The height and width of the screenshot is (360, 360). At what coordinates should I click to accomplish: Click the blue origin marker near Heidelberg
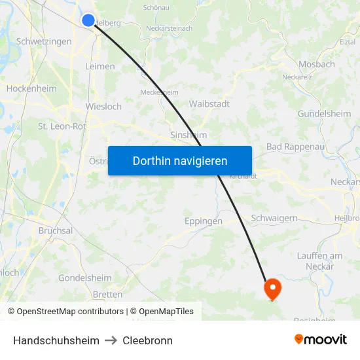88,20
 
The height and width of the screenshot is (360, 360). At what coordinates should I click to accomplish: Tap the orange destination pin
272,289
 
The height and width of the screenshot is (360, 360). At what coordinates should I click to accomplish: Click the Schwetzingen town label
44,41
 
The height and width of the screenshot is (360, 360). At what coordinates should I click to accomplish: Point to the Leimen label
100,66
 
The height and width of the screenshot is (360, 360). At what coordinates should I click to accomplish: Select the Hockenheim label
31,88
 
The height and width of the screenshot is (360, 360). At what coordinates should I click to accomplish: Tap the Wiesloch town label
103,106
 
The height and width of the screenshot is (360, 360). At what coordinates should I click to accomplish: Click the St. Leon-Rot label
62,126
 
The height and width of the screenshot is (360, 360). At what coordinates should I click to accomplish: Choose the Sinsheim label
189,135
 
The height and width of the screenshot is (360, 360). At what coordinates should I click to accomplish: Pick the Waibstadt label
209,103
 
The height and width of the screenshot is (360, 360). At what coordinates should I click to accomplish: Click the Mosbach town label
316,64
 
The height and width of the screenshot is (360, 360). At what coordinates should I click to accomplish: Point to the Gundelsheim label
324,113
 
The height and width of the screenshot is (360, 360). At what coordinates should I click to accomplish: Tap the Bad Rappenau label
295,147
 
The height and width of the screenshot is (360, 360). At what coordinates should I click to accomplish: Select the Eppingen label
204,221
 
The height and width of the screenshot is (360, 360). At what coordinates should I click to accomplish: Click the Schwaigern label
274,218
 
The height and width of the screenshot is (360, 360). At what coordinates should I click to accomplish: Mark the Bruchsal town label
56,231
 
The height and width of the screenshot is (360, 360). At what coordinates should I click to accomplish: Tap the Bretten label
107,295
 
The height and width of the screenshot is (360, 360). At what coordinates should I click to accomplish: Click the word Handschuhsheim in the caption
56,340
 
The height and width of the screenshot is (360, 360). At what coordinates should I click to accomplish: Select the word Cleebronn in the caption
147,340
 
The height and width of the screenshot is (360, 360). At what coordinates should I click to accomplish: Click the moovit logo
321,339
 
